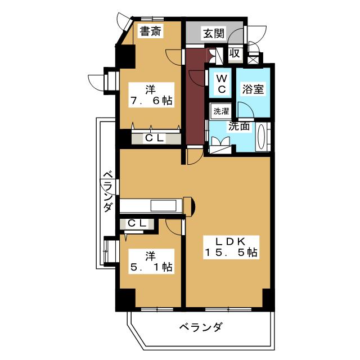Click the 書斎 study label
pos(150,31)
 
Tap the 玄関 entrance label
pos(214,33)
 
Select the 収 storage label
pos(235,54)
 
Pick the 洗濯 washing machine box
pos(220,111)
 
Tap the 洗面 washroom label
pos(238,126)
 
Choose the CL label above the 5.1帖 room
pos(137,223)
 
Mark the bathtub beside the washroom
pos(263,137)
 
